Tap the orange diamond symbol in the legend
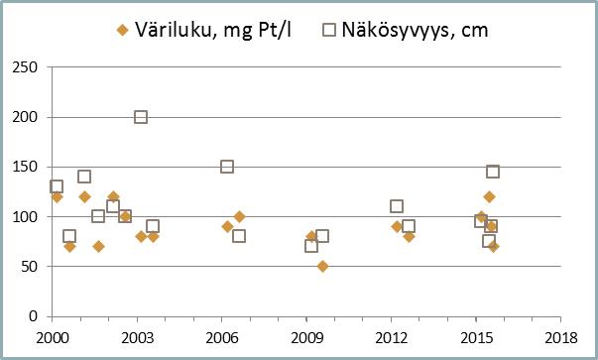click(x=123, y=31)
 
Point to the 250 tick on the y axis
click(x=24, y=67)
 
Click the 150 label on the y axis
click(x=24, y=167)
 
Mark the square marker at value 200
click(x=141, y=117)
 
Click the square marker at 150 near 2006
click(x=227, y=167)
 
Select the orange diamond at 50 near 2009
click(x=322, y=266)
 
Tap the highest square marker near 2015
click(x=493, y=172)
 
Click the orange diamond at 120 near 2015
click(x=489, y=196)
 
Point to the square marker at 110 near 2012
click(x=397, y=206)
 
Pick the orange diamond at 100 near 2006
click(x=239, y=216)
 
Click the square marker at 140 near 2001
click(x=84, y=177)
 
